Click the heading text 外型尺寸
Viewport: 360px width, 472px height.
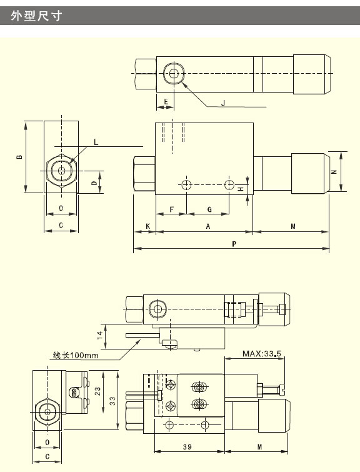tap(37, 16)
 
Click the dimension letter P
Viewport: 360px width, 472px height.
tap(234, 244)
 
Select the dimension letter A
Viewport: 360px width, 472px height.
tap(208, 226)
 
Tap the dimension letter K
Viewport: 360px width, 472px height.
tap(147, 226)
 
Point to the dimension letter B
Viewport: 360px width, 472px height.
tap(19, 157)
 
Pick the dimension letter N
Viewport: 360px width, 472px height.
tap(334, 172)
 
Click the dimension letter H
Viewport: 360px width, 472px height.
tap(241, 189)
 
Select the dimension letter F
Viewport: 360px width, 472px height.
tap(172, 209)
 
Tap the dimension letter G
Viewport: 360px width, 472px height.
tap(209, 209)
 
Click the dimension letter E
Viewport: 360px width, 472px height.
tap(166, 102)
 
